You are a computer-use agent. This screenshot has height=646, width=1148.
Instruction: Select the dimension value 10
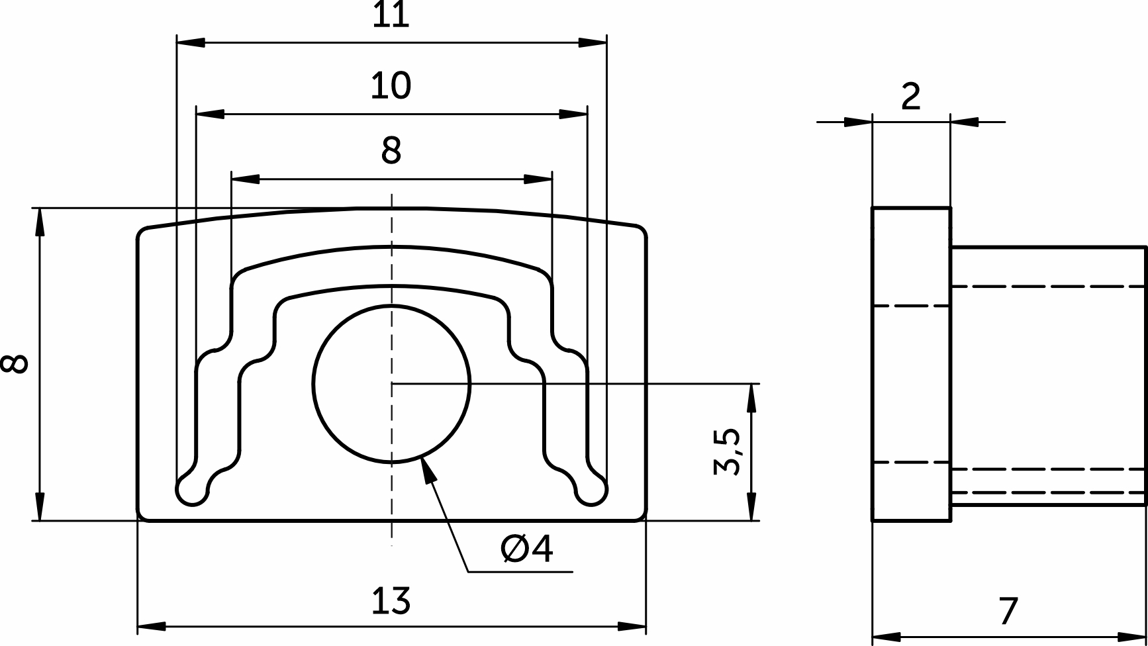point(391,86)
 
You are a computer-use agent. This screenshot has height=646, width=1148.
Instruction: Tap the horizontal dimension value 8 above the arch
point(391,151)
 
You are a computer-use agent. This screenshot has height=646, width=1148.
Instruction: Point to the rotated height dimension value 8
point(15,363)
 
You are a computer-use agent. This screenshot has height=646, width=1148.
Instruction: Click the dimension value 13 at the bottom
point(391,601)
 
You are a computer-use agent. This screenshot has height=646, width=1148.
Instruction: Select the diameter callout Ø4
point(527,549)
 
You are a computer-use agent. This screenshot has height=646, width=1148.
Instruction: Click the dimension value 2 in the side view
point(911,97)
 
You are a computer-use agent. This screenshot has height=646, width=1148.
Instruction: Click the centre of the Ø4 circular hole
point(392,383)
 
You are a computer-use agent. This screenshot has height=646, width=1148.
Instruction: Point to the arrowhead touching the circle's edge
point(429,471)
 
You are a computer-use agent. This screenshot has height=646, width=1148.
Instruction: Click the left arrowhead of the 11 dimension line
point(191,42)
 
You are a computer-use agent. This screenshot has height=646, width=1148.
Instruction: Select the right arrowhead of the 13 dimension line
point(632,626)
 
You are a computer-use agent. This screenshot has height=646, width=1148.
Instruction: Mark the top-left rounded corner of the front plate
point(142,233)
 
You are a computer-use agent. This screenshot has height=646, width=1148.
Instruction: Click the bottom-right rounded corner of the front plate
point(642,516)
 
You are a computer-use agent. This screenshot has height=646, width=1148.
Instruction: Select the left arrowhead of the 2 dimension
point(858,122)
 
